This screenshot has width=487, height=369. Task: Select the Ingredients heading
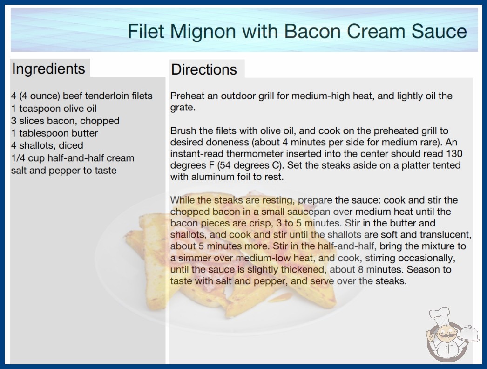click(x=48, y=69)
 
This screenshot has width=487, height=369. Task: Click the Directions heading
click(x=204, y=69)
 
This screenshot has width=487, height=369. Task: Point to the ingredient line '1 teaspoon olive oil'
click(x=54, y=108)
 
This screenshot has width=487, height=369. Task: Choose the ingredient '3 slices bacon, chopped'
click(x=65, y=121)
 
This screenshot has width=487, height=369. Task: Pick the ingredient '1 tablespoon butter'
click(x=54, y=133)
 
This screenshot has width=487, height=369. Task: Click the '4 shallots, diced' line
click(x=47, y=145)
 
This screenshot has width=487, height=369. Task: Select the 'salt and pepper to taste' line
click(x=64, y=171)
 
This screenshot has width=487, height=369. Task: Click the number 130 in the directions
click(x=454, y=154)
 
